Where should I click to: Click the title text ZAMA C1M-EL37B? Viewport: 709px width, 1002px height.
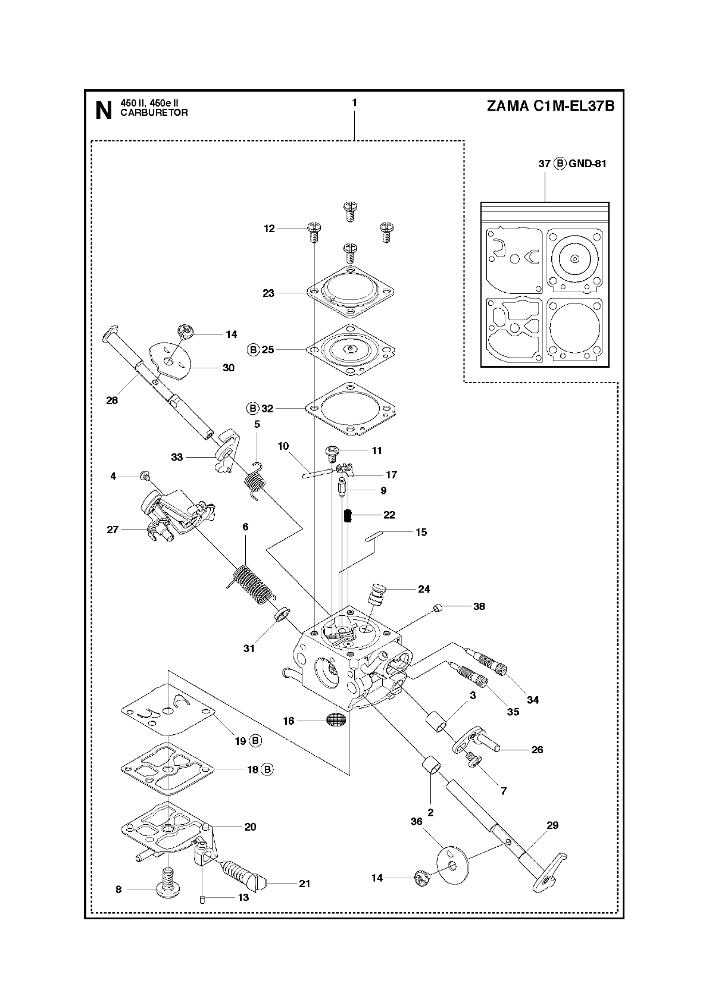tap(550, 107)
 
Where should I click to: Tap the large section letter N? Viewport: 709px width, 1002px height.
tap(104, 111)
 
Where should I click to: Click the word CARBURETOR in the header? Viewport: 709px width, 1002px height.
tap(154, 113)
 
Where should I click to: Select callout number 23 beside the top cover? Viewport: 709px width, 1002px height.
tap(268, 293)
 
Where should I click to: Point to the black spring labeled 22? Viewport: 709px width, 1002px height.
tap(349, 515)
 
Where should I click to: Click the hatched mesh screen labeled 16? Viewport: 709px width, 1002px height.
tap(336, 721)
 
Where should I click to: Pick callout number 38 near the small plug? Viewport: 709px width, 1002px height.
tap(479, 606)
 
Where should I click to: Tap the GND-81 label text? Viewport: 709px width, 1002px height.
tap(587, 164)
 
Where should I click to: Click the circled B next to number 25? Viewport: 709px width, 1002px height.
tap(254, 349)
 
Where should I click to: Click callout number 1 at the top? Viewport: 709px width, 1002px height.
tap(354, 102)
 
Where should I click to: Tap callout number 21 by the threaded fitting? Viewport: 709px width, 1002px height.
tap(304, 884)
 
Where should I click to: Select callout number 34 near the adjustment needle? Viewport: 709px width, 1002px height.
tap(533, 700)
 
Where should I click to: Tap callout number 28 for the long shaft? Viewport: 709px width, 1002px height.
tap(112, 400)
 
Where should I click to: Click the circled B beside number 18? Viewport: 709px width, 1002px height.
tap(267, 769)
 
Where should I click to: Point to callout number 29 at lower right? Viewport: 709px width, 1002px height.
tap(552, 825)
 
